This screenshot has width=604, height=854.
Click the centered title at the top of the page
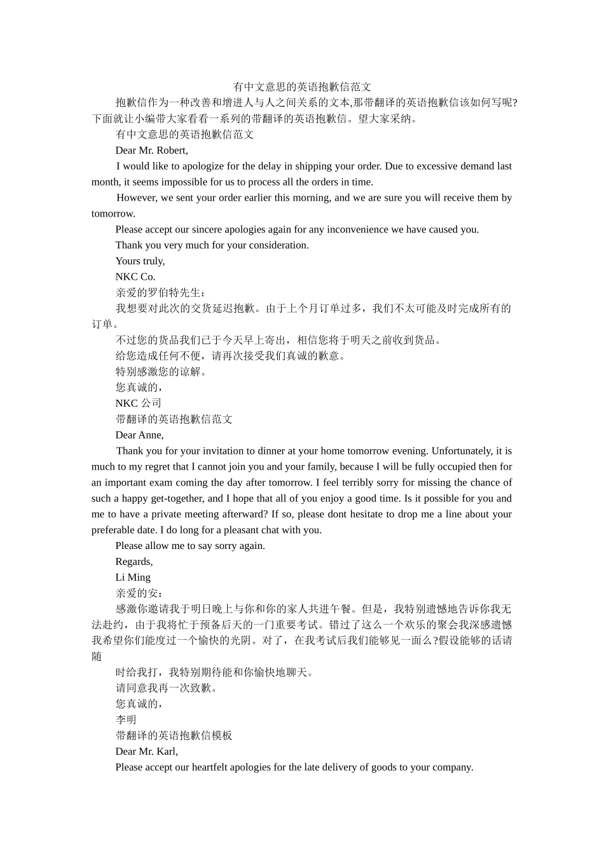302,87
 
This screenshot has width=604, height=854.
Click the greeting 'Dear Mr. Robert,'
151,151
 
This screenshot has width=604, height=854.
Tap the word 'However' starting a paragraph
137,198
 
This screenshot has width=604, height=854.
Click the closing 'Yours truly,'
140,261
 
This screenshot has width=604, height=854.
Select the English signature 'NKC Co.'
135,277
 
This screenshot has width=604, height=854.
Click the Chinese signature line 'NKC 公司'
139,403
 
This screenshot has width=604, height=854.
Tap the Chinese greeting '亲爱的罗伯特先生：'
152,293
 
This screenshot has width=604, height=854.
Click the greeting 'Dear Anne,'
139,435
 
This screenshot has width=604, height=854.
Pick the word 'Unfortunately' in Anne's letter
462,451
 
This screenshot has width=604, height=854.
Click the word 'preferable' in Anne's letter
114,530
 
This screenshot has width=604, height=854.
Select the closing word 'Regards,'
134,562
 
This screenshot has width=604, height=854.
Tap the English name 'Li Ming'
133,578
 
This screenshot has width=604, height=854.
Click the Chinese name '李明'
126,720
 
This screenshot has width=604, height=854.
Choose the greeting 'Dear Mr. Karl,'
147,752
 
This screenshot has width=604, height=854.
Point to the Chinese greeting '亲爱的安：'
139,593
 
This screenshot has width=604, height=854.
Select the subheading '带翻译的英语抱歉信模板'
174,736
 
